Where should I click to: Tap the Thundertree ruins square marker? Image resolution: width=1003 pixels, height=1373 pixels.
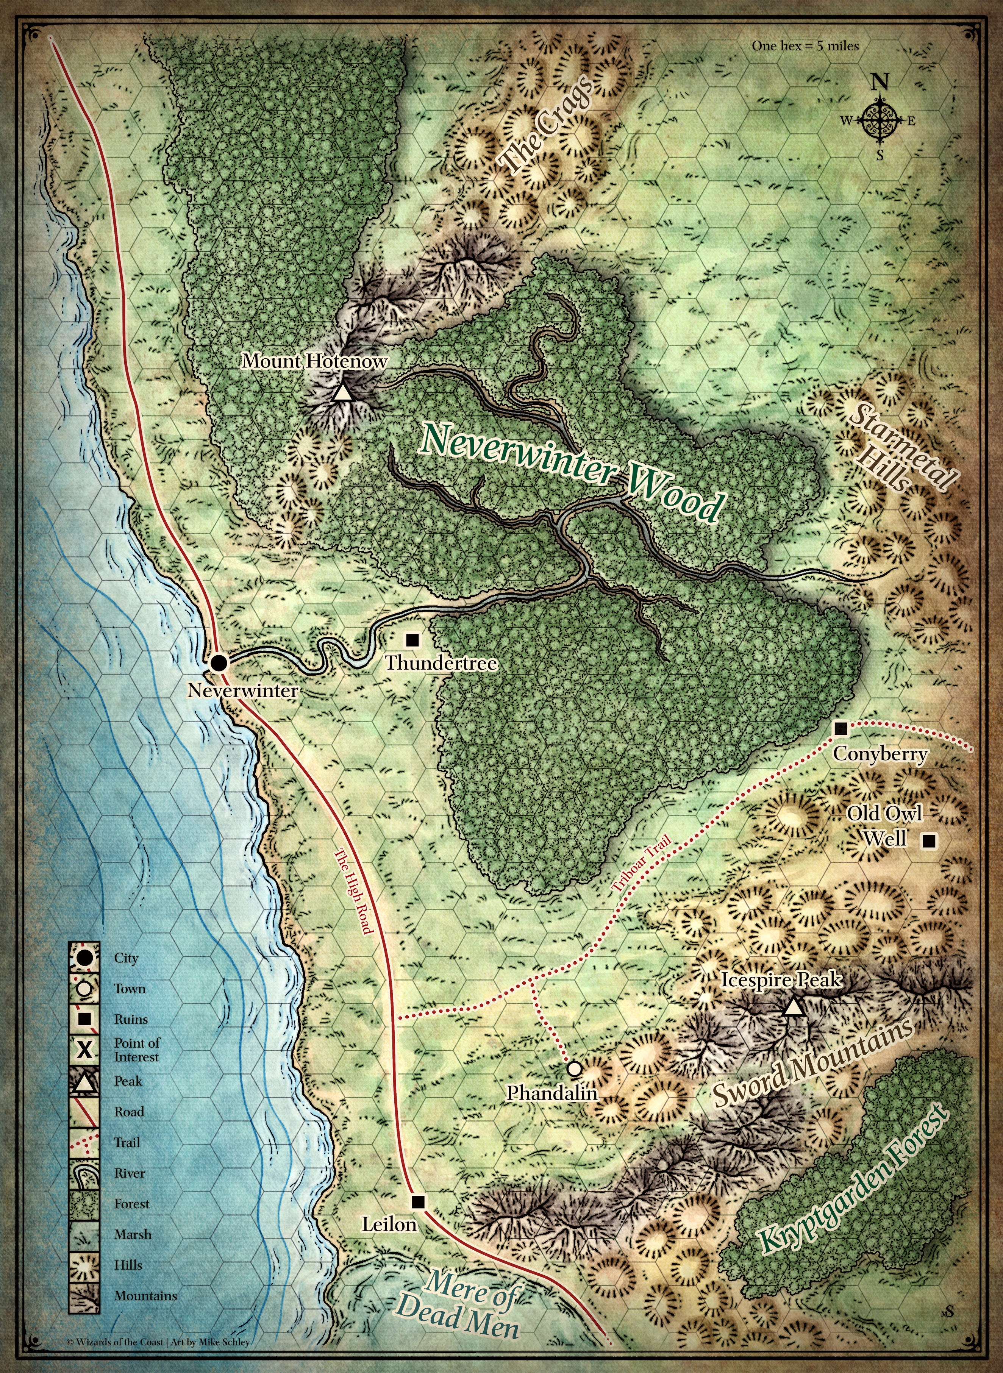tap(412, 639)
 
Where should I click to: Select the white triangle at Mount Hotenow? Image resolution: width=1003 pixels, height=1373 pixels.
tap(342, 393)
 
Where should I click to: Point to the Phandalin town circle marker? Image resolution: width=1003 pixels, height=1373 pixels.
tap(574, 1068)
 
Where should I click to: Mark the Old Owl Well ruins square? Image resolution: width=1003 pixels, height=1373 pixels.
tap(928, 841)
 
